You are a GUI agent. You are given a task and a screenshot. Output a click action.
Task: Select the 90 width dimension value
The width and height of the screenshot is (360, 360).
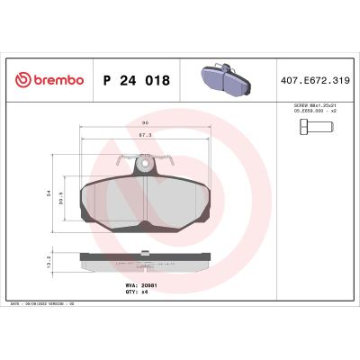click(145, 123)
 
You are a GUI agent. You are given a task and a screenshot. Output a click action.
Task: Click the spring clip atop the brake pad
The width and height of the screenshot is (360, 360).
click(145, 166)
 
